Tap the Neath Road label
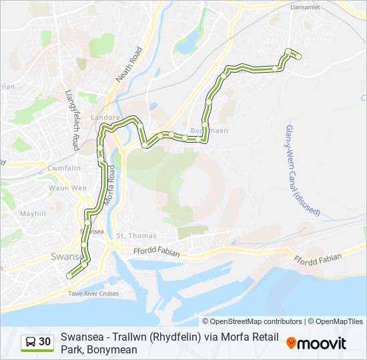click(129, 65)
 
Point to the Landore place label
click(106, 117)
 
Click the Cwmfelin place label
click(63, 169)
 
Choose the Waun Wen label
click(67, 188)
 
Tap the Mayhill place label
click(32, 214)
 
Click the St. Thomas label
click(136, 235)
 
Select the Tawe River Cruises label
click(93, 293)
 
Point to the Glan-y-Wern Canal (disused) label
click(301, 170)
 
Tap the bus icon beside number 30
click(31, 342)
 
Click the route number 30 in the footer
click(45, 342)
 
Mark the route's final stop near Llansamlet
click(298, 57)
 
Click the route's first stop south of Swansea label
click(69, 275)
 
